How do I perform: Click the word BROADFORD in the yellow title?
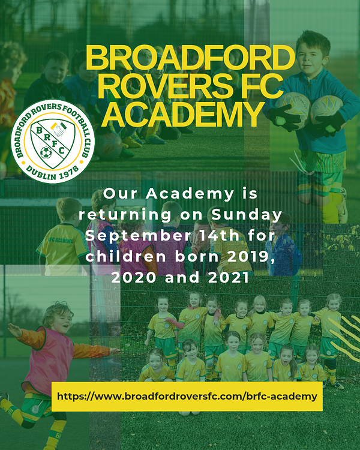(x=190, y=58)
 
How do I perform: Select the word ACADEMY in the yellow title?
(x=183, y=114)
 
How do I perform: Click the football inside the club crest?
(x=46, y=152)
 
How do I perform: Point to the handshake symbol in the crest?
(x=59, y=129)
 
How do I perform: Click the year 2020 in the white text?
(x=134, y=277)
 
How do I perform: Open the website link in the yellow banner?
(x=187, y=397)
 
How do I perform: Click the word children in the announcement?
(x=126, y=256)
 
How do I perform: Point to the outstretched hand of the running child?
(x=14, y=330)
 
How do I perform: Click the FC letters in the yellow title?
(x=261, y=86)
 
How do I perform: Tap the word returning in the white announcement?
(x=125, y=215)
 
